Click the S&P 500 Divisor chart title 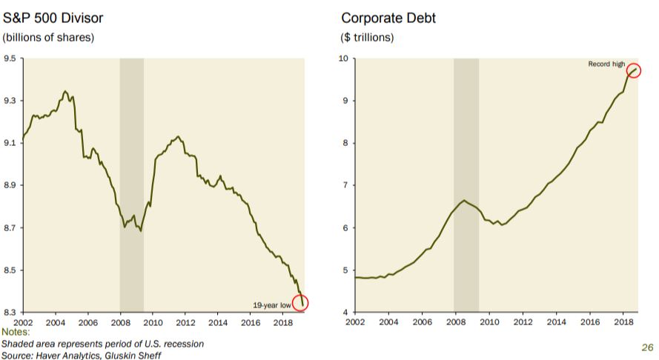click(x=53, y=18)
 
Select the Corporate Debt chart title click(x=388, y=18)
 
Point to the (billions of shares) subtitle click(x=49, y=37)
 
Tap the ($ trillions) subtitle click(x=368, y=37)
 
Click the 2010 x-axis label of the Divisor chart click(x=153, y=322)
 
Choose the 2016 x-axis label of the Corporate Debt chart click(x=589, y=322)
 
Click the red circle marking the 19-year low click(x=300, y=302)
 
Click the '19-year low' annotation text click(x=271, y=304)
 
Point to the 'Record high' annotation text click(x=606, y=64)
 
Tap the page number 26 click(x=646, y=347)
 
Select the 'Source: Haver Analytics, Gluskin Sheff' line click(x=81, y=355)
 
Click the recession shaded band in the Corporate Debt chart click(x=466, y=185)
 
